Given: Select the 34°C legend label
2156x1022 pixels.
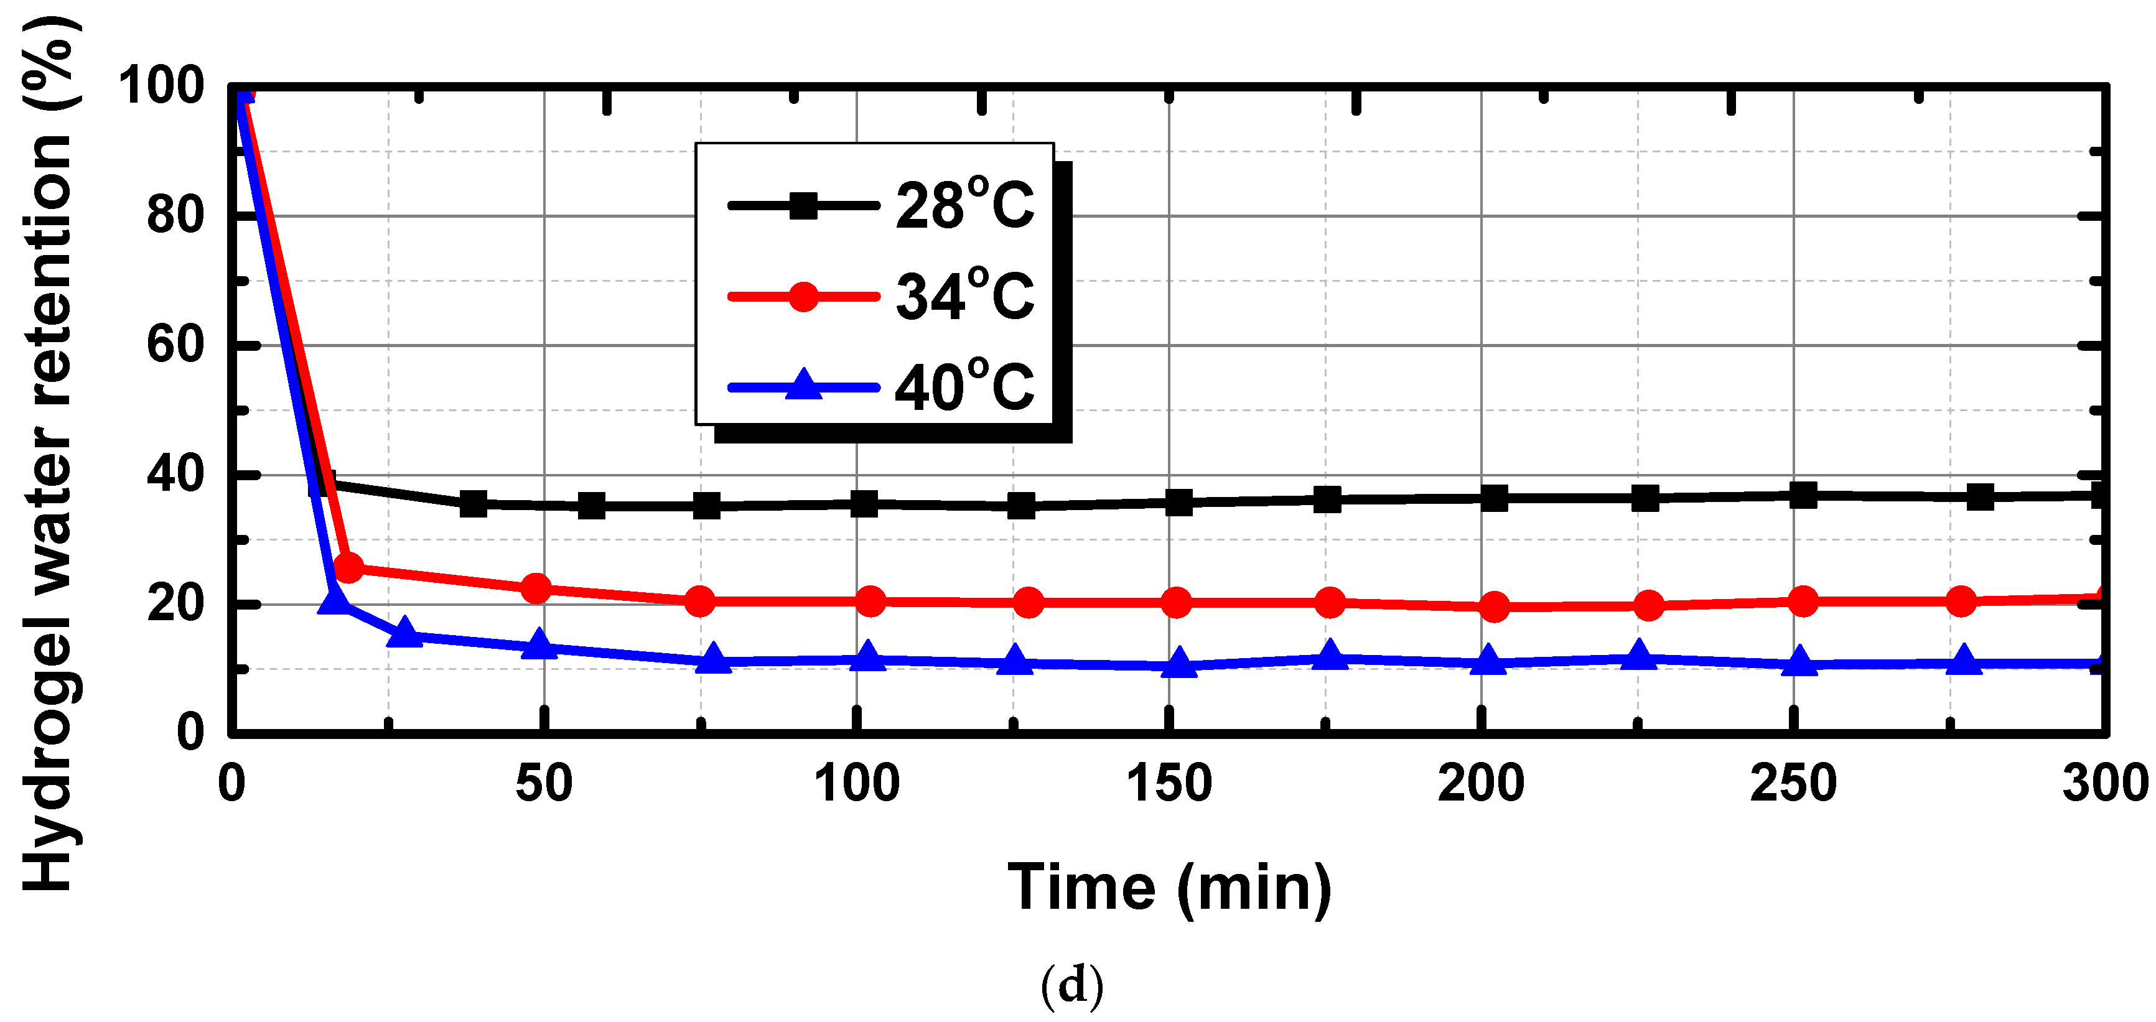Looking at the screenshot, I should (x=964, y=295).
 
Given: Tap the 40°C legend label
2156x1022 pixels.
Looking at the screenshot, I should (x=964, y=387).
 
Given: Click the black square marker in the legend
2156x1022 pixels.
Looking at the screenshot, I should (x=803, y=205).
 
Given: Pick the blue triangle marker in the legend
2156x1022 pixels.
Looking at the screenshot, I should (x=803, y=385).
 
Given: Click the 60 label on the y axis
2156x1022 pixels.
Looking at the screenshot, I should (x=175, y=345).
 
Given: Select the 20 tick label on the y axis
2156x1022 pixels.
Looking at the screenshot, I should (x=175, y=603).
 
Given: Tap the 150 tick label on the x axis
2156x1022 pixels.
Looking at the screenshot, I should (x=1169, y=784).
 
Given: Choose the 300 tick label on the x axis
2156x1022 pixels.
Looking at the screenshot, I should (x=2104, y=784).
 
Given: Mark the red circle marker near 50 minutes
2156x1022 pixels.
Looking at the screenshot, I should (x=536, y=588).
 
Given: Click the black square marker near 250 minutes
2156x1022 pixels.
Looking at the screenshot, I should (x=1803, y=495).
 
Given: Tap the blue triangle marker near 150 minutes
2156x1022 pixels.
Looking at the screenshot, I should (x=1179, y=663).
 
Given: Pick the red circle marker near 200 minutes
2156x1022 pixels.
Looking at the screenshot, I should (x=1494, y=606).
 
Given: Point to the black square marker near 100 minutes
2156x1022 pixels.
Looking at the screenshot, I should (x=864, y=504).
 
